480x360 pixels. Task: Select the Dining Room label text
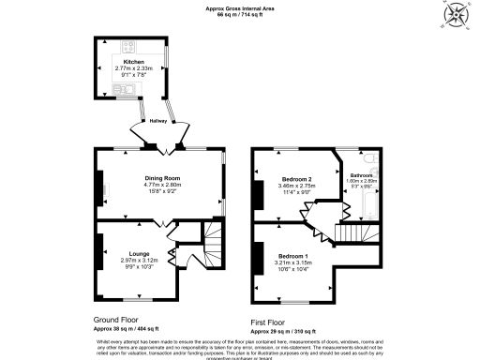click(161, 177)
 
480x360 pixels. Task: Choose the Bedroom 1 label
click(292, 256)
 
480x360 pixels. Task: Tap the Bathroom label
click(362, 175)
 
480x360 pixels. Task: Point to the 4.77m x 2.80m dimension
click(161, 185)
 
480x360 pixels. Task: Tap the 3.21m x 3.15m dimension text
click(292, 263)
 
